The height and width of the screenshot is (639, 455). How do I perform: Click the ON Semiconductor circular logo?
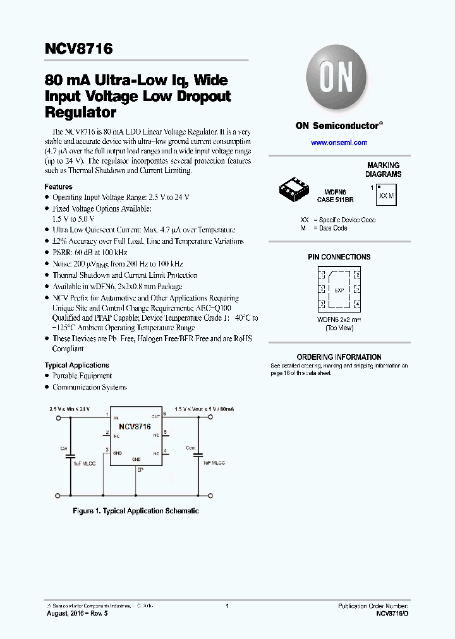(x=339, y=79)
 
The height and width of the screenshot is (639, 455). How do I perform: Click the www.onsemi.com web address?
(x=339, y=143)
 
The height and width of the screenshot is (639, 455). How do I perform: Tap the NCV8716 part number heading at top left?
(x=79, y=49)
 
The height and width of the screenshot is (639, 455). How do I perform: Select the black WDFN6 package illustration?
(x=294, y=188)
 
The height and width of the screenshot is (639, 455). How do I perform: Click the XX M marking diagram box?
(x=385, y=195)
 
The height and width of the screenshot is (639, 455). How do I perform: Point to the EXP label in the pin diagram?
(x=339, y=290)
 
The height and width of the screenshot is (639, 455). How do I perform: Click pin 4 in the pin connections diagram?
(x=357, y=304)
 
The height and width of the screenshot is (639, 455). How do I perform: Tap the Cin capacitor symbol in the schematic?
(x=70, y=455)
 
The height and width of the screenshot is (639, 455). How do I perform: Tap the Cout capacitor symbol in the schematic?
(x=198, y=455)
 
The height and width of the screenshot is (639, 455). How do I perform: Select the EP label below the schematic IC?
(x=138, y=470)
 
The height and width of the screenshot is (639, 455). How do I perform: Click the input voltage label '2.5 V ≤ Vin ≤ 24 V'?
(x=70, y=409)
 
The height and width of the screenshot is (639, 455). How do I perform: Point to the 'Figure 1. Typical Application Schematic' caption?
(x=136, y=511)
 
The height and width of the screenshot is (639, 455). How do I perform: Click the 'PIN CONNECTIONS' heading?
(x=339, y=257)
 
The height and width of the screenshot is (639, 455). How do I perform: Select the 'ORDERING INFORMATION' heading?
(x=339, y=357)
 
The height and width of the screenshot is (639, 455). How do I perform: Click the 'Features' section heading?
(x=58, y=187)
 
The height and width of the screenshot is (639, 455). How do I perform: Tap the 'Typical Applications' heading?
(x=76, y=365)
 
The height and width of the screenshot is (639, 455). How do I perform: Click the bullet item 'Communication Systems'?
(x=89, y=387)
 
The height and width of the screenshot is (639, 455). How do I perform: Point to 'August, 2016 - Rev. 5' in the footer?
(x=77, y=613)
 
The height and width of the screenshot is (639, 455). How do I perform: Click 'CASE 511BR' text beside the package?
(x=335, y=199)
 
